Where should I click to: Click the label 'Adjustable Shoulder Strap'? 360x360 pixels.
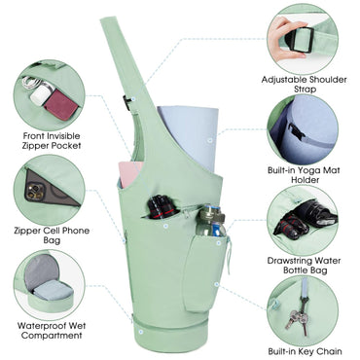305,84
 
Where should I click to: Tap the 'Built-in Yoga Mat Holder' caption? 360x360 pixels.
304,174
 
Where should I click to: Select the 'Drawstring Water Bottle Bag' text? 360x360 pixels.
304,265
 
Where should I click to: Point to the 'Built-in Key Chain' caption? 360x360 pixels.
305,351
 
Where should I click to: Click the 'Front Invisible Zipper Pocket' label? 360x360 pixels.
52,140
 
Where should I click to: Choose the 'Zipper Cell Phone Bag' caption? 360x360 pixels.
52,235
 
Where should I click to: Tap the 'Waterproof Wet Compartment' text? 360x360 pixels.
52,330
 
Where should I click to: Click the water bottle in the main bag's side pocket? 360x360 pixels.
211,221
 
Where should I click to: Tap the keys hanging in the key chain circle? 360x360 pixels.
298,318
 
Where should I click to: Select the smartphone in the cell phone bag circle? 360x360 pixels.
49,188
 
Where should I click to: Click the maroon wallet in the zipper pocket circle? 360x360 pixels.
61,105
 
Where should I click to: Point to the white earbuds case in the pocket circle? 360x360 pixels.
41,93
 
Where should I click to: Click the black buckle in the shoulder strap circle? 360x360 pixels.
302,40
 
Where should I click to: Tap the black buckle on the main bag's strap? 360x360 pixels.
126,102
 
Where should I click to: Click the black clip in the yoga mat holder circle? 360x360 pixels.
296,132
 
